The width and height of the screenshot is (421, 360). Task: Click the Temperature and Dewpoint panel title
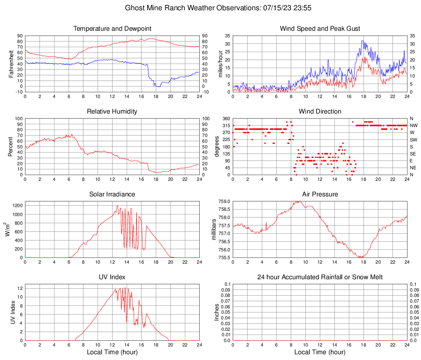click(x=112, y=29)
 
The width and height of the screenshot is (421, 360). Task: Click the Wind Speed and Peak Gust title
click(x=320, y=29)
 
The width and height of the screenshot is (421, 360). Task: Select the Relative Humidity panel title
click(x=112, y=112)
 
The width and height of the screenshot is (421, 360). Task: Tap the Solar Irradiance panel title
click(x=112, y=194)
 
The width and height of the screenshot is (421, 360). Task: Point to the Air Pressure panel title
click(x=320, y=194)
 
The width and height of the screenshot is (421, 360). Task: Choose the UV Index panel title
click(x=112, y=277)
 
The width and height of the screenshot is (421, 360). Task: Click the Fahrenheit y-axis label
click(x=11, y=64)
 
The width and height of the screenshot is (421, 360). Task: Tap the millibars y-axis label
click(x=214, y=230)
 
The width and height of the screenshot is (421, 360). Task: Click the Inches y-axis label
click(x=217, y=312)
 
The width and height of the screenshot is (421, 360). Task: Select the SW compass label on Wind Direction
click(x=414, y=139)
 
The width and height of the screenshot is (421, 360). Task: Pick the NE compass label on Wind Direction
click(x=413, y=168)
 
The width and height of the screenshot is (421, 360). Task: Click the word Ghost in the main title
click(x=134, y=8)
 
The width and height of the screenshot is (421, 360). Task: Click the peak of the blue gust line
click(x=362, y=40)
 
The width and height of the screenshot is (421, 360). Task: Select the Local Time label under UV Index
click(x=112, y=352)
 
